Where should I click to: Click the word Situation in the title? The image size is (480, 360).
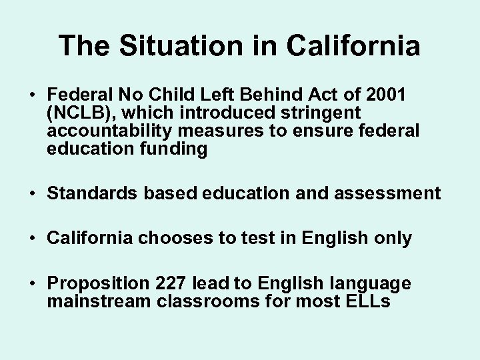point(176,46)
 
